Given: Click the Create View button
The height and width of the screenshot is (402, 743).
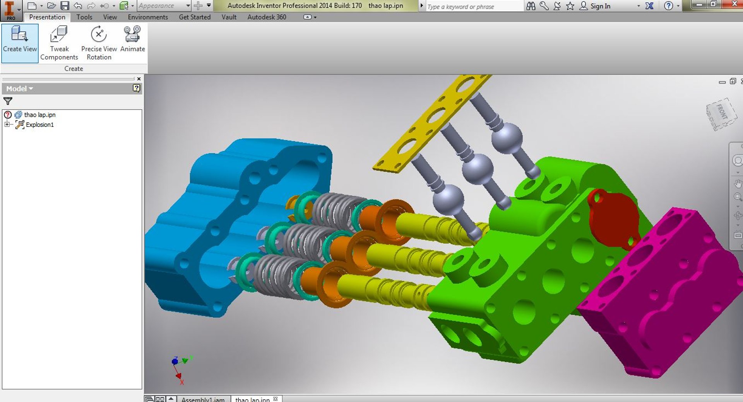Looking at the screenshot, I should click(x=20, y=43).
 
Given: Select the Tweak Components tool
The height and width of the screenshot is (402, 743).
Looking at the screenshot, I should click(x=59, y=43).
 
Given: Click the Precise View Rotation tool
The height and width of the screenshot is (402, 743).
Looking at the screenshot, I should click(x=99, y=43).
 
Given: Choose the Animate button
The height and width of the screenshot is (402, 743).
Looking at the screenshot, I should click(x=132, y=39).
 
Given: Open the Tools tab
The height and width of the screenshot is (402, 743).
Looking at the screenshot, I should click(x=84, y=17).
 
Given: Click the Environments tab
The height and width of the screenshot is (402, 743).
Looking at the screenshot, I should click(x=148, y=17).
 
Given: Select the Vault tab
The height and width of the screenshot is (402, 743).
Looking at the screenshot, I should click(x=229, y=17).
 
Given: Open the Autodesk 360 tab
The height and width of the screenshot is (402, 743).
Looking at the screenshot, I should click(x=267, y=17).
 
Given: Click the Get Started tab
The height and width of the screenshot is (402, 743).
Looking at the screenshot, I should click(x=195, y=17).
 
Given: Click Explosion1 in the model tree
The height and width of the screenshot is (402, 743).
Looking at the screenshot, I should click(x=39, y=125).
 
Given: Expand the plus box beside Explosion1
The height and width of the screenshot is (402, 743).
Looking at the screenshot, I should click(x=7, y=125).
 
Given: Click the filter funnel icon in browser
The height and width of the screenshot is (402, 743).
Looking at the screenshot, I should click(x=8, y=101).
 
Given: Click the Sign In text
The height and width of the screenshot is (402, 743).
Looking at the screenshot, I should click(x=600, y=6).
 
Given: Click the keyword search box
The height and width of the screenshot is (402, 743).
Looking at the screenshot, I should click(x=474, y=7).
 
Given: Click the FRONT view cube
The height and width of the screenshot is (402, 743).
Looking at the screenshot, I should click(x=721, y=114).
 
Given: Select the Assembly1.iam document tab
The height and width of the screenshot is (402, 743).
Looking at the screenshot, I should click(x=203, y=399).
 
